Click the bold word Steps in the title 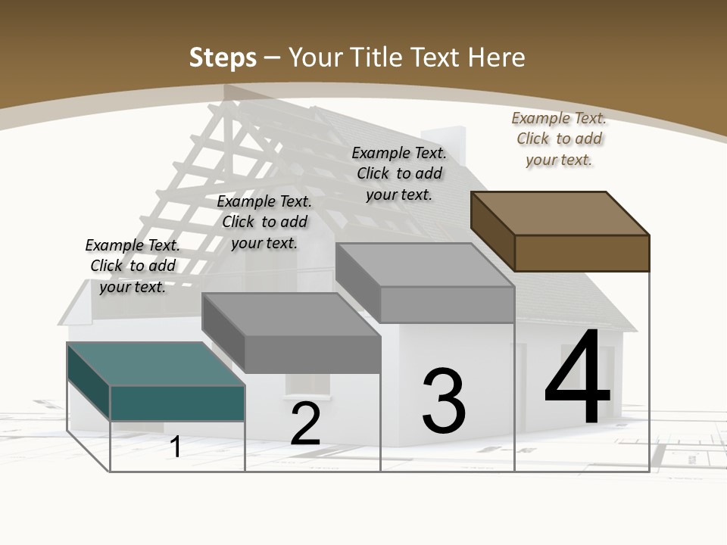coord(223,58)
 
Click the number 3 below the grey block coord(444,401)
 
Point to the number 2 coord(305,425)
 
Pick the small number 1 coord(176,447)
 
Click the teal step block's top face coord(155,363)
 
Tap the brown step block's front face coord(582,253)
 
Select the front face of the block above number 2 coord(313,353)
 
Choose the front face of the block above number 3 coord(447,304)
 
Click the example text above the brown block coord(559,139)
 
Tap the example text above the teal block coord(133,266)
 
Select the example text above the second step coord(264,223)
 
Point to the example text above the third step coord(399,173)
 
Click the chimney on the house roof coord(452,144)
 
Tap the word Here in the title coord(498,58)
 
